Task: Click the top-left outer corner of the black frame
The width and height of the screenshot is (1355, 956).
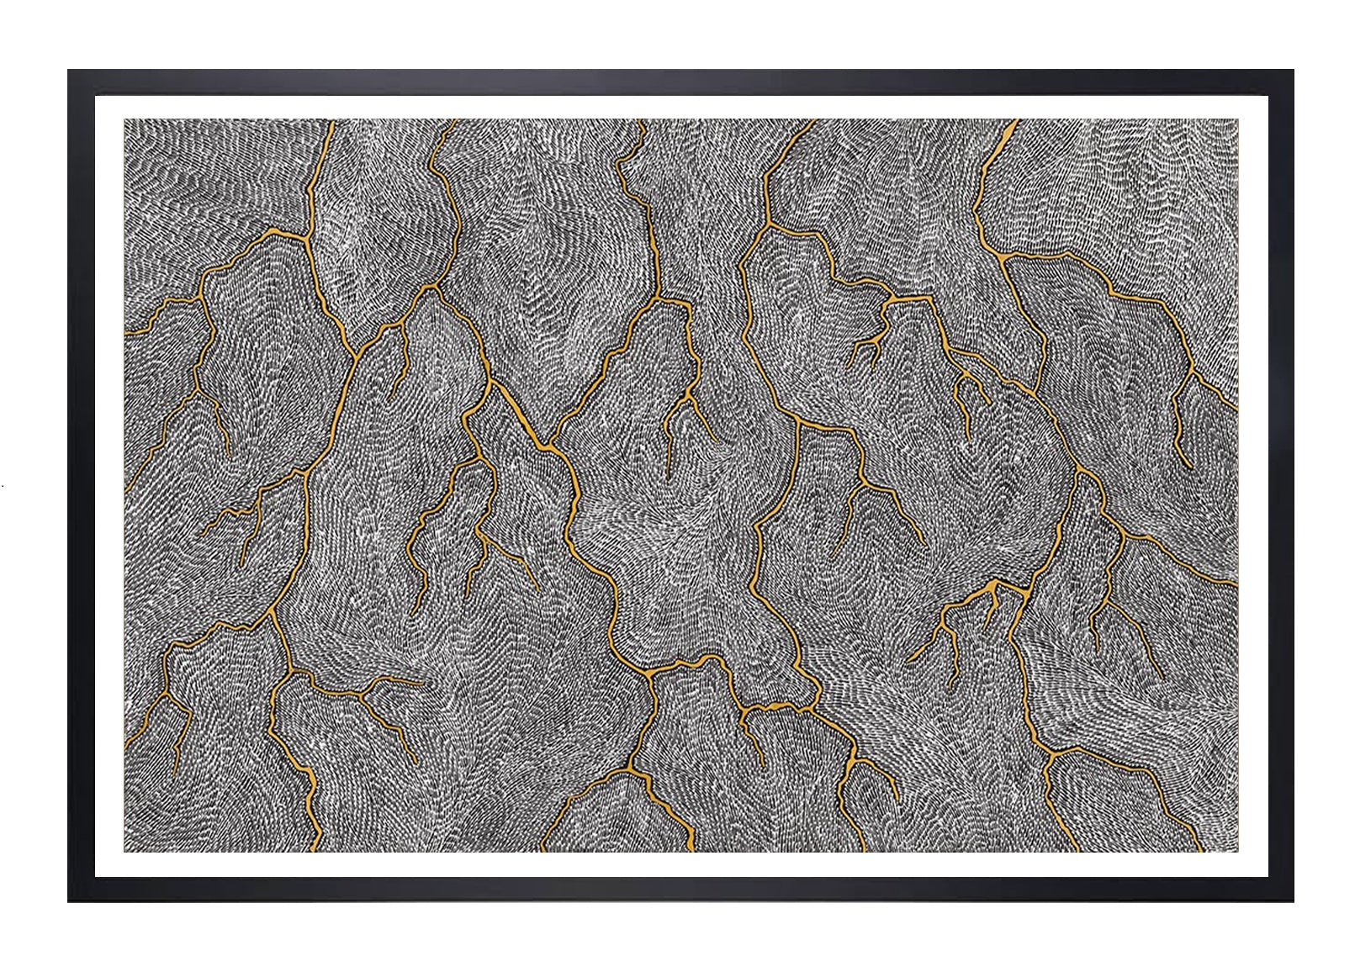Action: (x=69, y=71)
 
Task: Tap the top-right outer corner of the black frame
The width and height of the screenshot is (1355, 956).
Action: (x=1293, y=71)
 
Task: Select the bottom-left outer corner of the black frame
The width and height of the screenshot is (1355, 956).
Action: (x=69, y=901)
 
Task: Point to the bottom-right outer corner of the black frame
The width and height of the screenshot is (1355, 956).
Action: (x=1293, y=901)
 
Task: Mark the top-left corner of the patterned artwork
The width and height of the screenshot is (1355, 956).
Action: (x=124, y=119)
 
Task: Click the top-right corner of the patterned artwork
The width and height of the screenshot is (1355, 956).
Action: (x=1237, y=119)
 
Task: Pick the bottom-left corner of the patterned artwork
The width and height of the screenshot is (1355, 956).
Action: (x=124, y=852)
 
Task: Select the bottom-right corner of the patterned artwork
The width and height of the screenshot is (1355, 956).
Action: (x=1237, y=852)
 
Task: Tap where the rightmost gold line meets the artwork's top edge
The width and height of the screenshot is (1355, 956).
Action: (x=1017, y=121)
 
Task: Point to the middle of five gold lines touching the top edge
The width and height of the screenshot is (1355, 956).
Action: (x=643, y=121)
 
